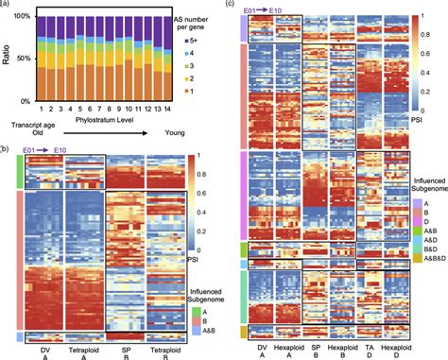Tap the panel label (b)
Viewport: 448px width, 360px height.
(x=7, y=146)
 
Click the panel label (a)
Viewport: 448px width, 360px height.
(x=7, y=7)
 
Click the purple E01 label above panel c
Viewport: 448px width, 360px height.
(x=250, y=9)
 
